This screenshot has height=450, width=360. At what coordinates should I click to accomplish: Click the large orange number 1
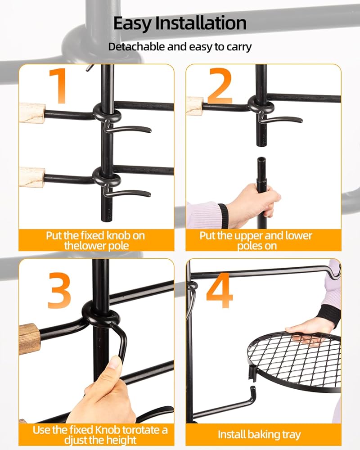pyautogui.click(x=59, y=86)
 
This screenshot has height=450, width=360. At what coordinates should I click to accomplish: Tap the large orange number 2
pyautogui.click(x=220, y=86)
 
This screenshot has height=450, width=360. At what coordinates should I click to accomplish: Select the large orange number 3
pyautogui.click(x=59, y=290)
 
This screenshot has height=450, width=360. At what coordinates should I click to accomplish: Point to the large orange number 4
pyautogui.click(x=220, y=290)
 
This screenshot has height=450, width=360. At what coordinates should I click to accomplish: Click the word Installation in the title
pyautogui.click(x=201, y=23)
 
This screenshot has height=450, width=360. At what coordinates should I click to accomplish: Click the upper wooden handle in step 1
pyautogui.click(x=32, y=113)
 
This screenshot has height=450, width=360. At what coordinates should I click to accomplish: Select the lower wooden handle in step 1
pyautogui.click(x=32, y=177)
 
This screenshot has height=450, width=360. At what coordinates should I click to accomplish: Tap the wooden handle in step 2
pyautogui.click(x=195, y=106)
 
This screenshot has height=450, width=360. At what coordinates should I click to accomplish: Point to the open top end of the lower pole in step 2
pyautogui.click(x=261, y=159)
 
